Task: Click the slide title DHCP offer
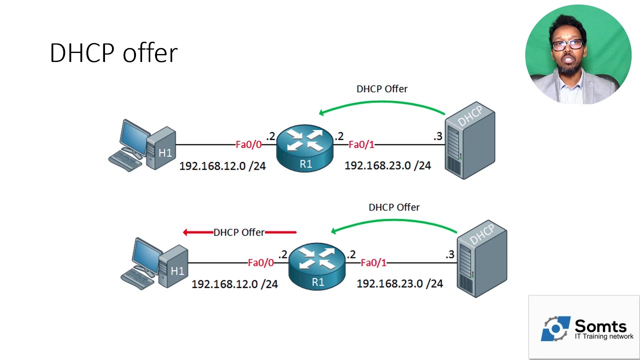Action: (x=113, y=53)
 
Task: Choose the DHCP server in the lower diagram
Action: (x=481, y=260)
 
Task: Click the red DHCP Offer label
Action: (x=239, y=232)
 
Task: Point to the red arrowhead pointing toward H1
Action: (x=186, y=232)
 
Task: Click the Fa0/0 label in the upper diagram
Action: (x=248, y=145)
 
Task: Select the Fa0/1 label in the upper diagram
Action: (x=361, y=145)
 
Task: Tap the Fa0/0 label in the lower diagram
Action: (x=260, y=263)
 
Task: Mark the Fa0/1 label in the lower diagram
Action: (x=373, y=263)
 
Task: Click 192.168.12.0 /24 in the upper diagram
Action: (x=222, y=166)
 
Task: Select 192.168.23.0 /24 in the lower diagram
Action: (x=399, y=284)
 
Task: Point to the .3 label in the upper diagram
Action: (x=437, y=136)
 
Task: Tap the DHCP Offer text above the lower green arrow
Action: (x=394, y=207)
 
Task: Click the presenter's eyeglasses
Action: (x=567, y=44)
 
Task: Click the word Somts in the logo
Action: (x=600, y=326)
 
